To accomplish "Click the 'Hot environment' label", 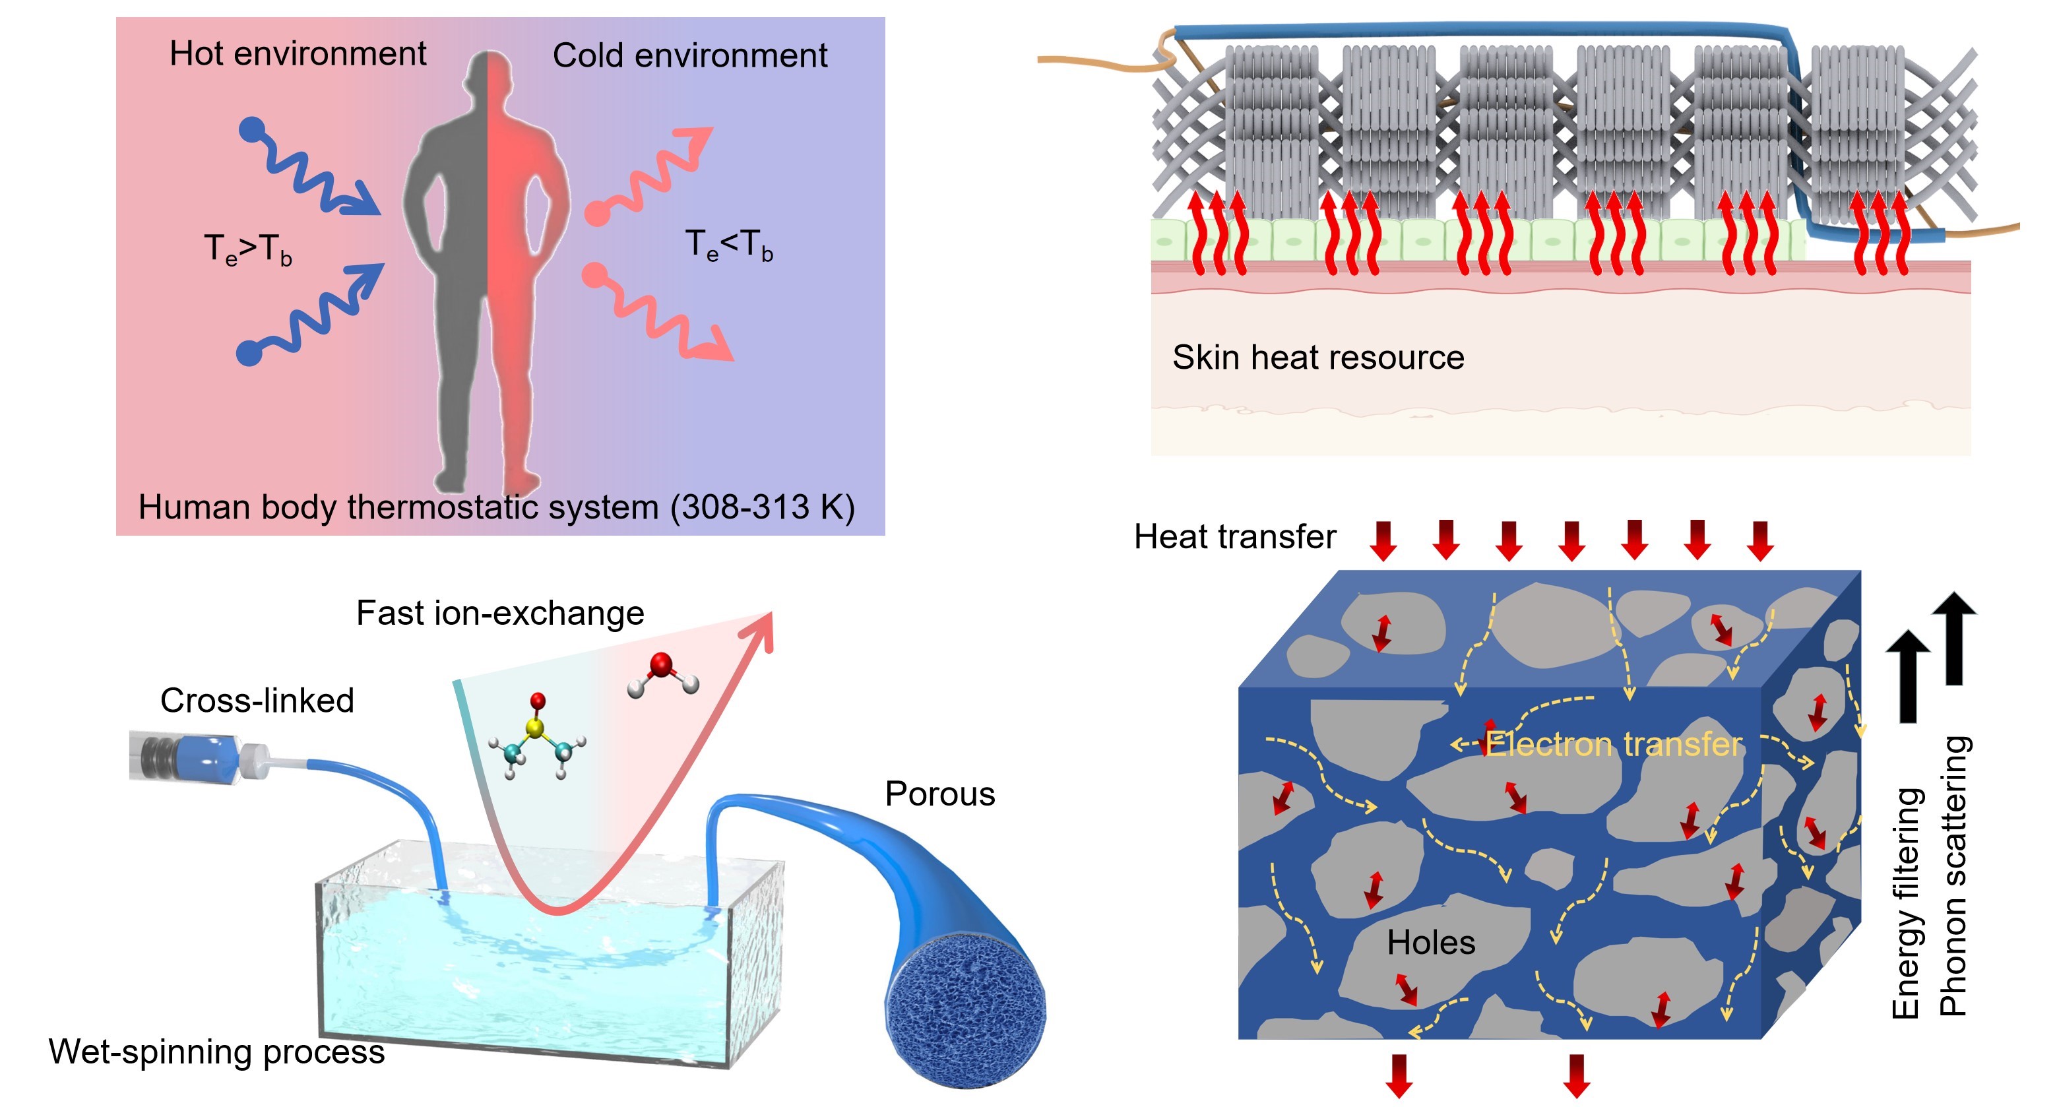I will pyautogui.click(x=297, y=53).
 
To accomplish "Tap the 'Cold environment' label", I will pyautogui.click(x=690, y=56).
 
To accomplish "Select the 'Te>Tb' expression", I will pyautogui.click(x=248, y=249).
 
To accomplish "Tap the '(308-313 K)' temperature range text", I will pyautogui.click(x=763, y=507).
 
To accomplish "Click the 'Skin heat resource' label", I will pyautogui.click(x=1317, y=357).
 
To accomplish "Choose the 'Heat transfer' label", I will pyautogui.click(x=1234, y=537).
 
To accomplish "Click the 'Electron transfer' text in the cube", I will pyautogui.click(x=1613, y=744).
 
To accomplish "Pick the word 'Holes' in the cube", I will pyautogui.click(x=1431, y=943).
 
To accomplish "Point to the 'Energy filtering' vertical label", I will pyautogui.click(x=1905, y=902).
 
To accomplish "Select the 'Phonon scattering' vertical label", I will pyautogui.click(x=1953, y=875).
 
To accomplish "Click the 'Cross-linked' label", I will pyautogui.click(x=257, y=701).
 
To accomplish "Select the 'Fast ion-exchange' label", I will pyautogui.click(x=500, y=614).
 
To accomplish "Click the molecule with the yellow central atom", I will pyautogui.click(x=536, y=736).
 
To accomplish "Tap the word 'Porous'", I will pyautogui.click(x=940, y=794).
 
